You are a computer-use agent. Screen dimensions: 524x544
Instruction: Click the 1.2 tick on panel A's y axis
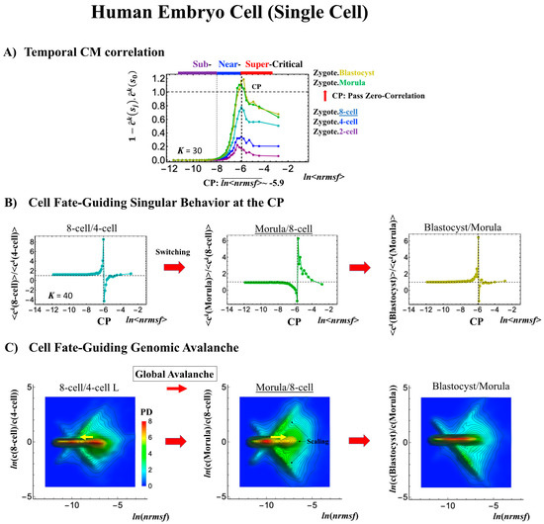click(x=143, y=76)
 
